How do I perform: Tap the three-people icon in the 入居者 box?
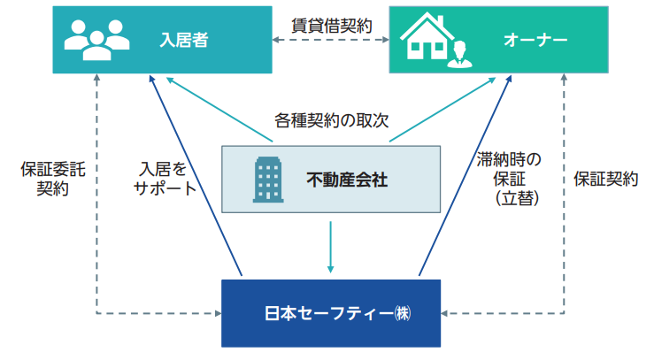click(x=95, y=40)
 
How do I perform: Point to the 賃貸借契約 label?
click(x=332, y=24)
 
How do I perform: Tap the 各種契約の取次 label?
click(x=332, y=119)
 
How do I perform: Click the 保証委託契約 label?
click(x=51, y=178)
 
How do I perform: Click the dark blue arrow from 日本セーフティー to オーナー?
click(x=465, y=177)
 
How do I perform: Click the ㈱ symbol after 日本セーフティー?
click(x=404, y=313)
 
